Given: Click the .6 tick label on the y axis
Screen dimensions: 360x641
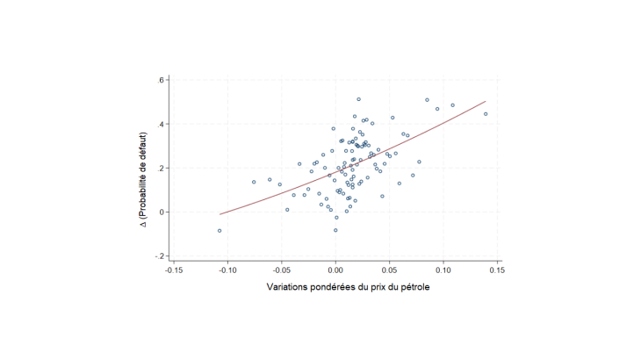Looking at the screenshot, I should (x=161, y=80).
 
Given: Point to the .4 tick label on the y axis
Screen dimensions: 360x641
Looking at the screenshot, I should (x=161, y=124).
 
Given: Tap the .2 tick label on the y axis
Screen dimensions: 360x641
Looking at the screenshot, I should (x=161, y=168).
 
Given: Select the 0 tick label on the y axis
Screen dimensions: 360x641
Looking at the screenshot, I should (x=162, y=212).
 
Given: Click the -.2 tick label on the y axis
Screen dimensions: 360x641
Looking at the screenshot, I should (x=159, y=256).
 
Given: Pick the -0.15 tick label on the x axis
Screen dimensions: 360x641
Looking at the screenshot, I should (x=173, y=271).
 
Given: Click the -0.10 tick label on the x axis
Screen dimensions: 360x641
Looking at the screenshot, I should (x=227, y=271).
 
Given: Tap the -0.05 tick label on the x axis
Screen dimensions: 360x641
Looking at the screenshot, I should (x=281, y=271).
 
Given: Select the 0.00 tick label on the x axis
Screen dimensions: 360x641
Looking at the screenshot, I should (x=335, y=271).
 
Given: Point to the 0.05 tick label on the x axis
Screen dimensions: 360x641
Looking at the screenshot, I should (x=390, y=271).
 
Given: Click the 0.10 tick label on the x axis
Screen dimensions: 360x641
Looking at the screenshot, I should (x=443, y=271).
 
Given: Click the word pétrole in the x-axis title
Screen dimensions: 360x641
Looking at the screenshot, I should (x=414, y=288).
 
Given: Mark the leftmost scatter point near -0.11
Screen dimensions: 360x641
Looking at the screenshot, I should (x=220, y=231).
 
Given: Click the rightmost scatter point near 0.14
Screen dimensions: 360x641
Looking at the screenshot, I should (x=486, y=114).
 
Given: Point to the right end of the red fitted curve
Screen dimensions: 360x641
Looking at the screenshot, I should (x=486, y=101).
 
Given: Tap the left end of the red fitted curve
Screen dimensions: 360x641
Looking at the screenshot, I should (x=220, y=214).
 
